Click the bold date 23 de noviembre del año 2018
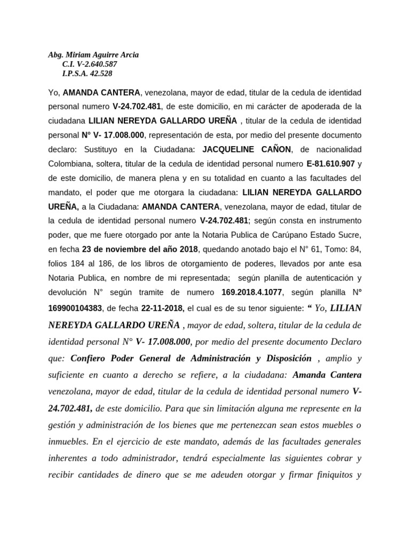[x=140, y=248]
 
